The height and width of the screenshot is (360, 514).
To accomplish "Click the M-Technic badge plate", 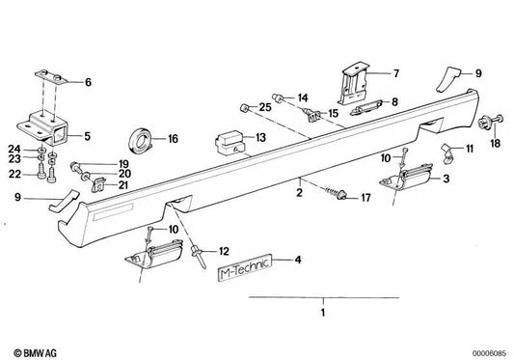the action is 245,268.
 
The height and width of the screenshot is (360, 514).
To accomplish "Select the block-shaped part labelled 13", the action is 230,143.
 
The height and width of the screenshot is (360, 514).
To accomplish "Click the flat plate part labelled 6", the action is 51,77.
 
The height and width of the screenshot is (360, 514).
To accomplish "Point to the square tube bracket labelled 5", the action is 44,127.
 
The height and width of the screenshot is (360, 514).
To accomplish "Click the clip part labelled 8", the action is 366,108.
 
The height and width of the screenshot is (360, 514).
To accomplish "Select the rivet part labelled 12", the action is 199,258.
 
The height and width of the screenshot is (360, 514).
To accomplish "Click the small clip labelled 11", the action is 446,152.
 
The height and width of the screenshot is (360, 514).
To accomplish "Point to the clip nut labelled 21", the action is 98,185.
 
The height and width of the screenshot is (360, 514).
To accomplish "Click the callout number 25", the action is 265,107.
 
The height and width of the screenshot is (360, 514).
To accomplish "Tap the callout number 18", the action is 496,143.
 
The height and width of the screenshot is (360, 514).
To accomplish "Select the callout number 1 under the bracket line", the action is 323,313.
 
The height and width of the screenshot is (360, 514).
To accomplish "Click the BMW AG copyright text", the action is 35,353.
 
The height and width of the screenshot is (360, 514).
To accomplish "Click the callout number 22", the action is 14,174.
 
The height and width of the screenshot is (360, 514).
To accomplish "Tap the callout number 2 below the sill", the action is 299,192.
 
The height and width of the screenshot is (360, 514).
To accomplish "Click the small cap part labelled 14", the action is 278,97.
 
